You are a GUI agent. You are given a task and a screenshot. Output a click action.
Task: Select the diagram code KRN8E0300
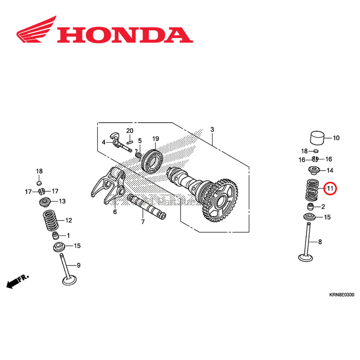(x=341, y=295)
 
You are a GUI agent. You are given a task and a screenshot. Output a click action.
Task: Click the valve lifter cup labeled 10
(x=318, y=138)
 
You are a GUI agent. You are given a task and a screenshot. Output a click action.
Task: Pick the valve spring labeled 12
(x=51, y=220)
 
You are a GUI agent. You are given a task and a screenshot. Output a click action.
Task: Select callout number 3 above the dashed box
(x=212, y=129)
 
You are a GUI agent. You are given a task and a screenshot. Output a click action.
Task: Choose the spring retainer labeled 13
(x=46, y=202)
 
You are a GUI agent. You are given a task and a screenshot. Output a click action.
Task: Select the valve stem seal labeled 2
(x=311, y=207)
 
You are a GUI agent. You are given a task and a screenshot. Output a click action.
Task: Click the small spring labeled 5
(x=138, y=154)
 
